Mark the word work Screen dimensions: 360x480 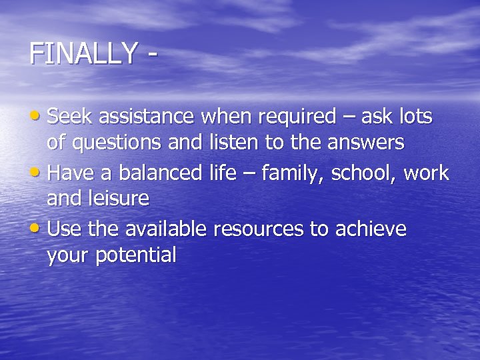point(427,173)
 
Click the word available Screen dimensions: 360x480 point(166,229)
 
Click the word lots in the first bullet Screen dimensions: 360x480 point(414,117)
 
